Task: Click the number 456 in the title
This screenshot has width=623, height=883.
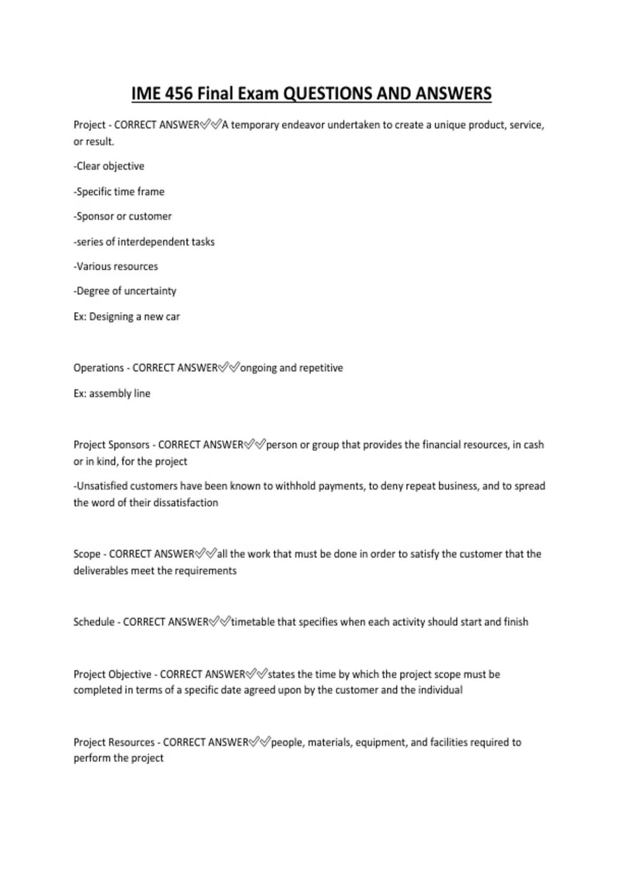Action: point(179,93)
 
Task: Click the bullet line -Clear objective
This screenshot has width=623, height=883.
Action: point(109,166)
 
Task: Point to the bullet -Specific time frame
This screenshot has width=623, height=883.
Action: point(119,192)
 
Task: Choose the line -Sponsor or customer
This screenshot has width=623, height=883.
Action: point(123,217)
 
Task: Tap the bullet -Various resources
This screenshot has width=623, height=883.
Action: point(116,266)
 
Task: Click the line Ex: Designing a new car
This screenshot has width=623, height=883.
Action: point(127,317)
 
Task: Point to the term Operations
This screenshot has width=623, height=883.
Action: point(99,368)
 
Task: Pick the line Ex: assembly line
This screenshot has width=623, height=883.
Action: point(112,394)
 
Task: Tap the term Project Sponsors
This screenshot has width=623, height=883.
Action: point(112,445)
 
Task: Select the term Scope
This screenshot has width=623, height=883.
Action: point(87,554)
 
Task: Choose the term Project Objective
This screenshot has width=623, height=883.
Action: point(113,675)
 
